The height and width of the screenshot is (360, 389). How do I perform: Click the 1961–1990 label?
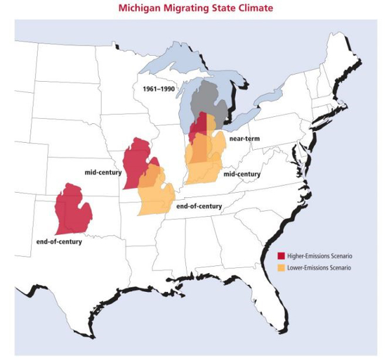coord(152,88)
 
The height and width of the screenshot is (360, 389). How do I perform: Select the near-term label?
coord(244,139)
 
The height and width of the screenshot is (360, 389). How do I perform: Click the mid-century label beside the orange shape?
coord(241,174)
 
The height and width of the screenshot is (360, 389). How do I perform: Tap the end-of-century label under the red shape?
coord(58,242)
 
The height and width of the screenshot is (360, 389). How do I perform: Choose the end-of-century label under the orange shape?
coord(198,206)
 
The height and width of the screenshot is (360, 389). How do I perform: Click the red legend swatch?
coord(281,256)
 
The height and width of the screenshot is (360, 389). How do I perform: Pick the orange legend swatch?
coord(281,267)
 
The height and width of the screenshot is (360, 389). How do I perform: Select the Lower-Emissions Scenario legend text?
coord(318,267)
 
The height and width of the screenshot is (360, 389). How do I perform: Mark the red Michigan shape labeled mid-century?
coord(137,162)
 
